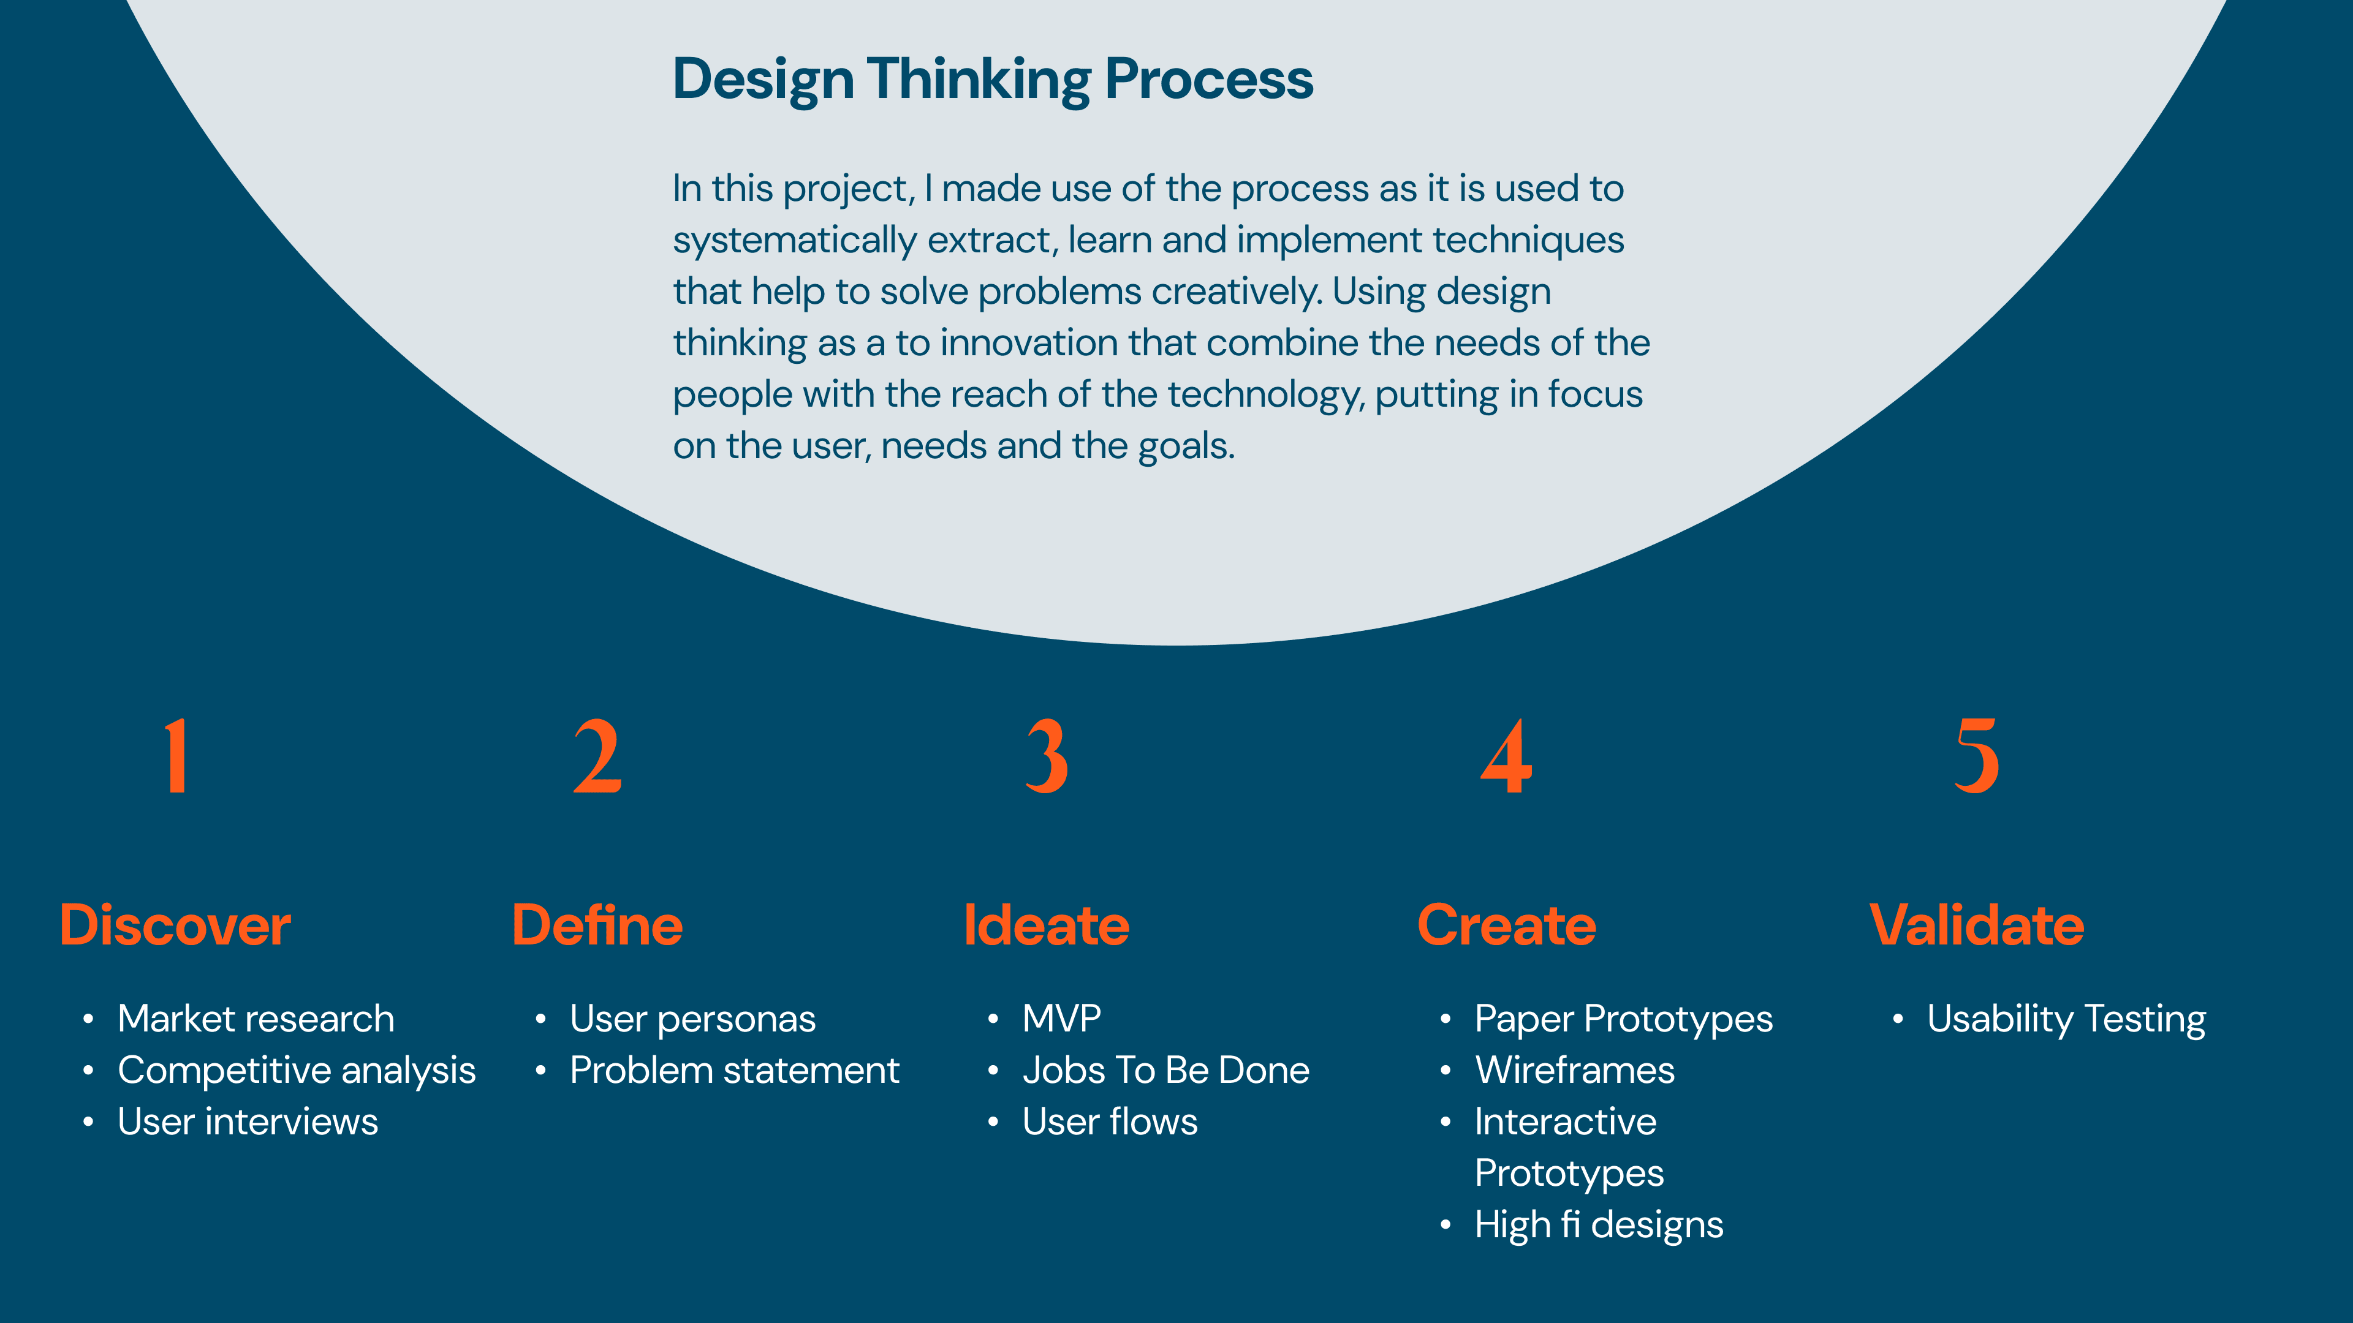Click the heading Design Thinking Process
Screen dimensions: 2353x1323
993,80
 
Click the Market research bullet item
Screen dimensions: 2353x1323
256,1019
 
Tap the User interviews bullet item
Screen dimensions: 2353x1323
248,1122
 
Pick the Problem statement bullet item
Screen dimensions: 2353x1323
735,1070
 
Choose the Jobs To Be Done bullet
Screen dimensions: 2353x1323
1165,1070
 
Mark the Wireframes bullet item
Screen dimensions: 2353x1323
1575,1070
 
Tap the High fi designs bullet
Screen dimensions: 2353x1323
1599,1225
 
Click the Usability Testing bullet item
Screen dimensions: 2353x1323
2066,1020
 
